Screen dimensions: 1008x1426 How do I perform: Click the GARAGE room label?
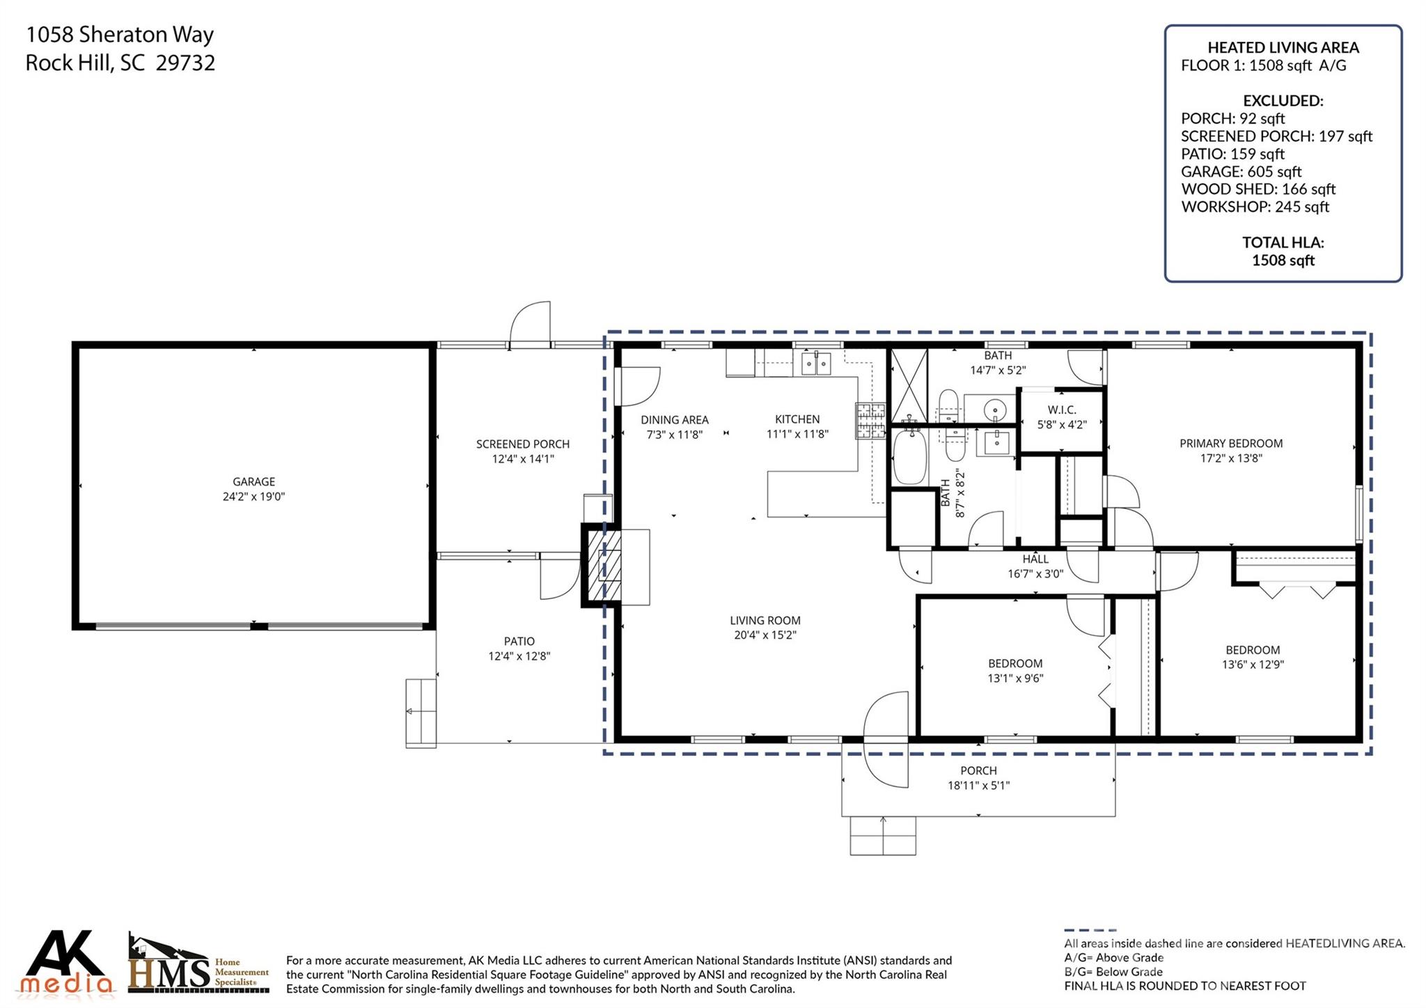point(253,481)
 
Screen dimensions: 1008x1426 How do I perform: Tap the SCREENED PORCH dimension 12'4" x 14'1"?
point(522,459)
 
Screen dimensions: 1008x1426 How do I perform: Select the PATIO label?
point(519,641)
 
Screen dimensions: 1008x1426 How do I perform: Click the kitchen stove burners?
point(870,421)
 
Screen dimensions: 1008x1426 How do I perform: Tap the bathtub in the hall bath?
point(909,456)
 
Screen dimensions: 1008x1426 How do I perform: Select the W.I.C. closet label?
point(1061,410)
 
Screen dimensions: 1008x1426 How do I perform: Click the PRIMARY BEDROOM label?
point(1230,443)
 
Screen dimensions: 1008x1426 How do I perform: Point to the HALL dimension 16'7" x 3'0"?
point(1035,574)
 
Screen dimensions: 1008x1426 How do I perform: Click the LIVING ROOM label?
point(765,620)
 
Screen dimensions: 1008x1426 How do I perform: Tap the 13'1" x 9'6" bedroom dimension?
point(1015,678)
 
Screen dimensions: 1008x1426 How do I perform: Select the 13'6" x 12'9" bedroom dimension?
point(1252,665)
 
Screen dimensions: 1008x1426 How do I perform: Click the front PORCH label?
point(978,770)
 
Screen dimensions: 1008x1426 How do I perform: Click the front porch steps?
point(882,835)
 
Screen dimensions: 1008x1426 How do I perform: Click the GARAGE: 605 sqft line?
point(1240,171)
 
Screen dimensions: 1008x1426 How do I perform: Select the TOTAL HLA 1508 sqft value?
point(1283,261)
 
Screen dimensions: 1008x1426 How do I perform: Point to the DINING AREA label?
point(674,419)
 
